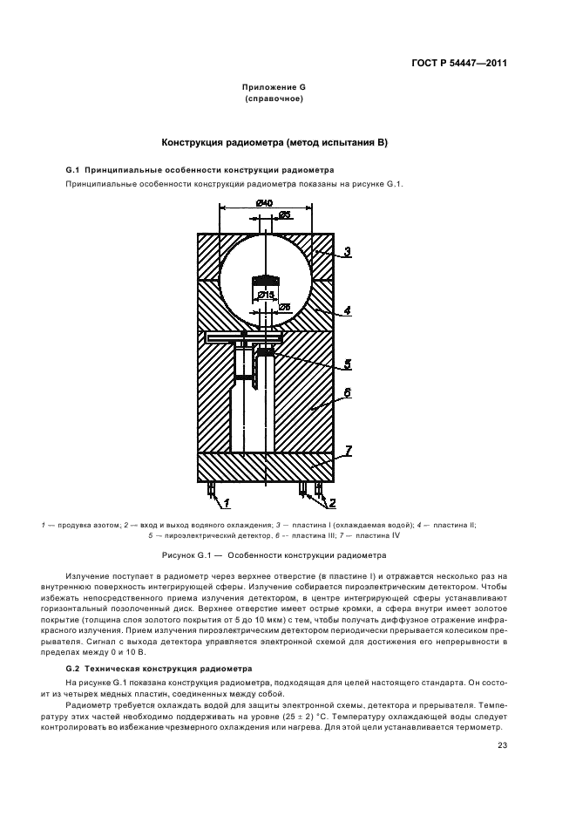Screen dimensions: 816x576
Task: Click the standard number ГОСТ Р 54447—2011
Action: coord(460,63)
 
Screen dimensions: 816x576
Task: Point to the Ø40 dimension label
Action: coord(264,203)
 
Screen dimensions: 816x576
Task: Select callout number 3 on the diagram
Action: coord(346,252)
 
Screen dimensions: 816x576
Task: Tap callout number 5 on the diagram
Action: coord(346,364)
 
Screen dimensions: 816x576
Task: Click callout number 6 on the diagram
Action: coord(346,393)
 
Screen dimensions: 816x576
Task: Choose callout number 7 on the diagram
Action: coord(346,450)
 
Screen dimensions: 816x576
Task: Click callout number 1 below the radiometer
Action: coord(226,503)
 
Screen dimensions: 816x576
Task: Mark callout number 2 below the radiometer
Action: coord(330,503)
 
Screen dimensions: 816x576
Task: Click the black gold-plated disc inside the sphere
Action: coord(266,281)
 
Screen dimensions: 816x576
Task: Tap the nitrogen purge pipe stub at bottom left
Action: coord(210,489)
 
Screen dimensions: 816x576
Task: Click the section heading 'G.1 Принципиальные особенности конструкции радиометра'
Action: coord(200,168)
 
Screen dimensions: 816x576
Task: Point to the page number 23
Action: coord(502,745)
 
